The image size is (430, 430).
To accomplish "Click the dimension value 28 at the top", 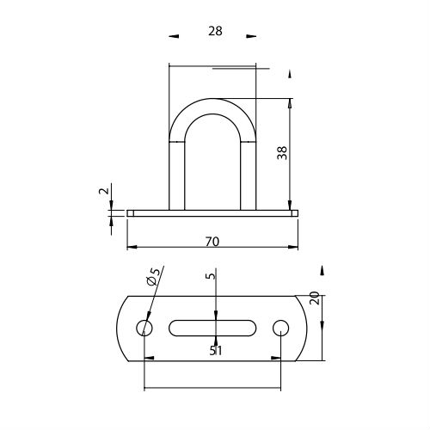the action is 215,31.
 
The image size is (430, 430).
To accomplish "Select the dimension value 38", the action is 282,153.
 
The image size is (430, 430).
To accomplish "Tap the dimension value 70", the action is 212,242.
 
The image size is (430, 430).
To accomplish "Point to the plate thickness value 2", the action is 104,191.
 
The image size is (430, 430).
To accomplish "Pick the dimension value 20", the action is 315,298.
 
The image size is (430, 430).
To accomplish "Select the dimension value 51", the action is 216,350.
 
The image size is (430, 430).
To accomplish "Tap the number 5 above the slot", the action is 211,276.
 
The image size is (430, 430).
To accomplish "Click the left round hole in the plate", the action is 144,328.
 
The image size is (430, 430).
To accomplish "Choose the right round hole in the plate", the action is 280,328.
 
